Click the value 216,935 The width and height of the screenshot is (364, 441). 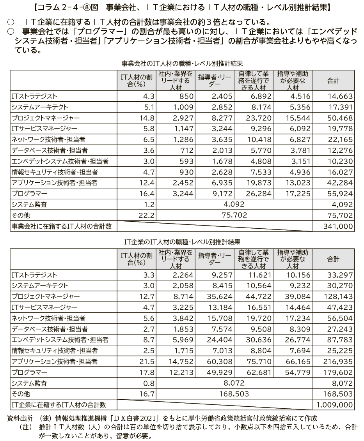pyautogui.click(x=339, y=361)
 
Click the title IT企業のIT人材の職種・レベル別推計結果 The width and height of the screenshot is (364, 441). pyautogui.click(x=183, y=242)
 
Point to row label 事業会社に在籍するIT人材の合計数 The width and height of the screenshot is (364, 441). pyautogui.click(x=62, y=226)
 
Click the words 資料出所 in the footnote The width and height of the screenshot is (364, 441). pyautogui.click(x=20, y=418)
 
